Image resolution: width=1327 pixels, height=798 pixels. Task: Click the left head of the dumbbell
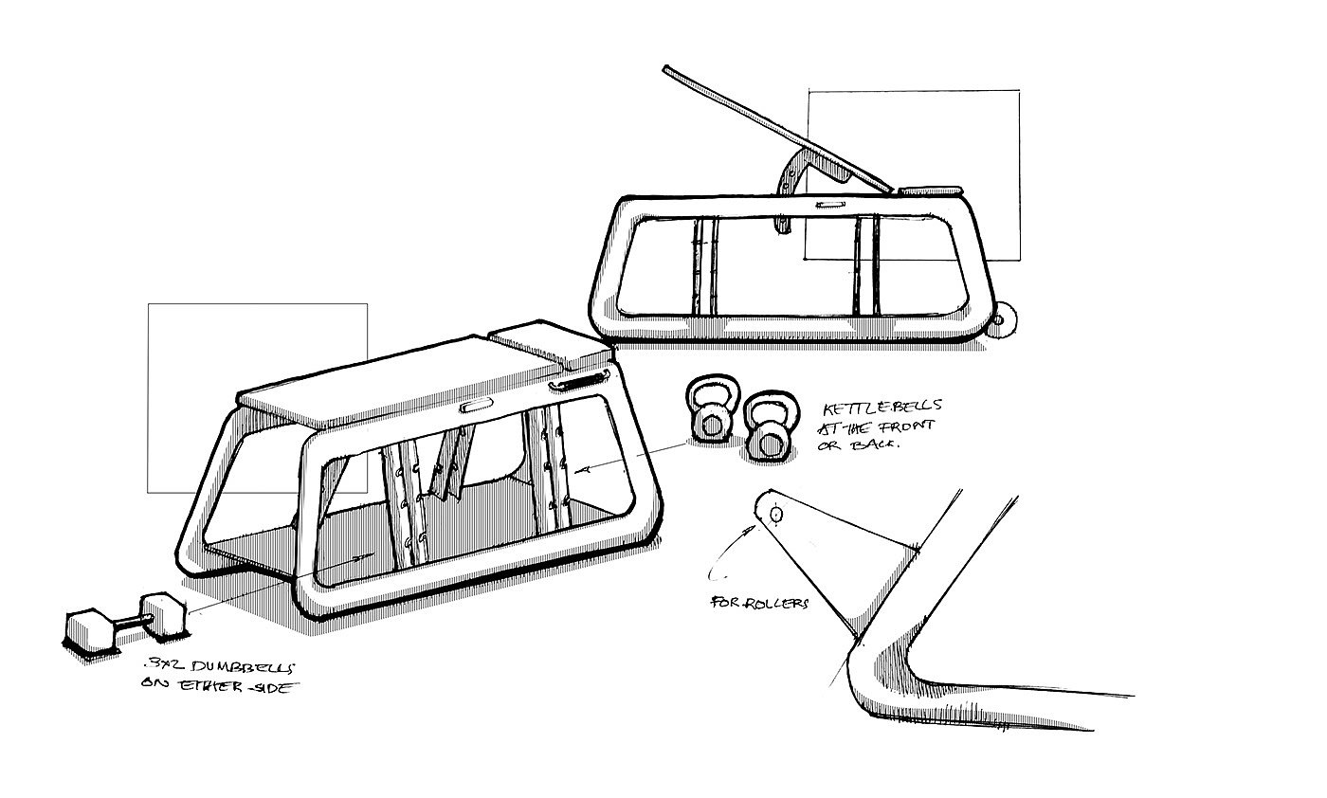click(x=89, y=629)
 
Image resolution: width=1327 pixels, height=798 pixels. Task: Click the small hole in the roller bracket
click(x=776, y=514)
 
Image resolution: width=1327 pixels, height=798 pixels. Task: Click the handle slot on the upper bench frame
click(x=830, y=204)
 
